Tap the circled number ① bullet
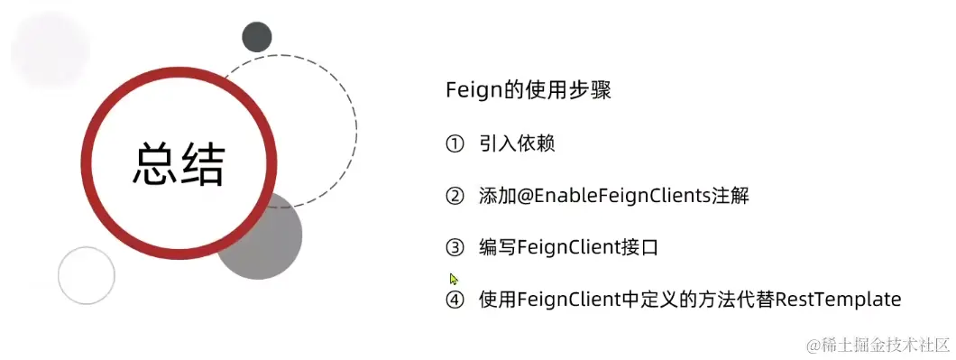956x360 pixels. click(x=455, y=144)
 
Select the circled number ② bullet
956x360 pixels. click(x=455, y=196)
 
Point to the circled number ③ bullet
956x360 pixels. click(x=455, y=247)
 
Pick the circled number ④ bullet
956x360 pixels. click(x=455, y=300)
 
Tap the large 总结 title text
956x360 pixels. click(x=179, y=165)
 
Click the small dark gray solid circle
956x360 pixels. click(x=257, y=37)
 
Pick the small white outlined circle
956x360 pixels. click(x=87, y=275)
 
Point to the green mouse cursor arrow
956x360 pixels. click(x=454, y=279)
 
